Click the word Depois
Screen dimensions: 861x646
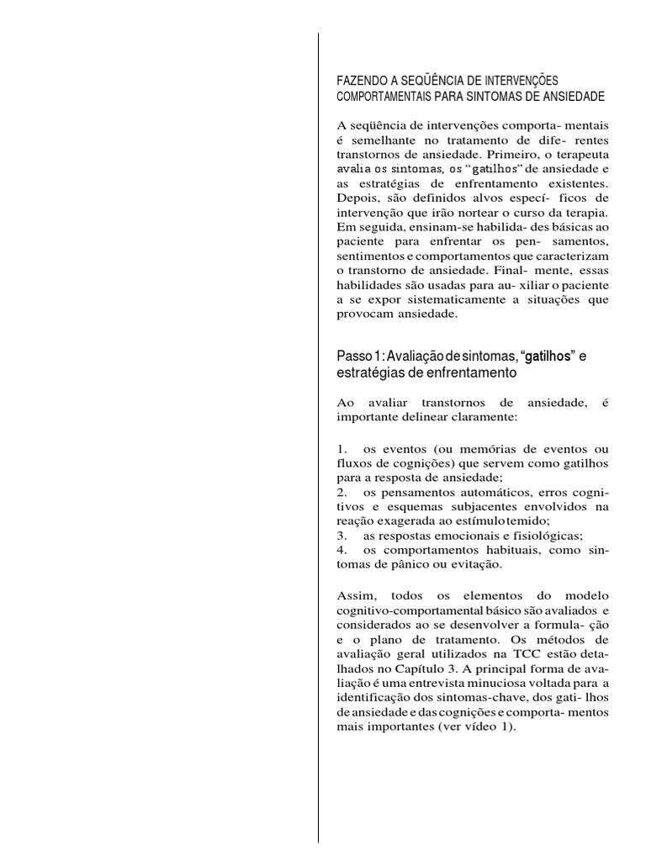click(357, 199)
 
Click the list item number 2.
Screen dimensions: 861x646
click(341, 491)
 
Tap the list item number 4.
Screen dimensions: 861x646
click(341, 550)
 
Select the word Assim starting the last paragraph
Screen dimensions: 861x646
click(354, 594)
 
